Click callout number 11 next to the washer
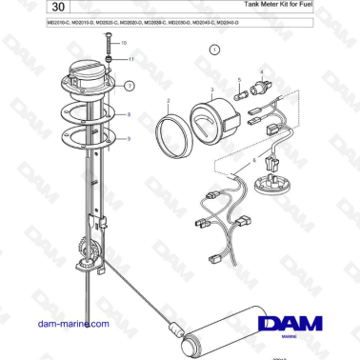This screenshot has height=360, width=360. pyautogui.click(x=130, y=59)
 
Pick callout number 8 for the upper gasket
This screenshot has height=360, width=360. pyautogui.click(x=130, y=115)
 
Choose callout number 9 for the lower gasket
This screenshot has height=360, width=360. pyautogui.click(x=130, y=139)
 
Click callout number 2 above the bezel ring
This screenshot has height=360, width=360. pyautogui.click(x=169, y=100)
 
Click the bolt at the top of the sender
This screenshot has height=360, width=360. pyautogui.click(x=110, y=45)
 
